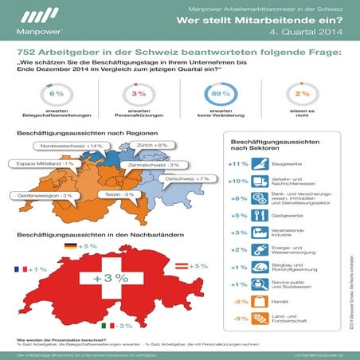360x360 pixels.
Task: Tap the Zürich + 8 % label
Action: click(x=151, y=146)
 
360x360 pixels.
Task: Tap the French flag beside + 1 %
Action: click(x=16, y=269)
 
